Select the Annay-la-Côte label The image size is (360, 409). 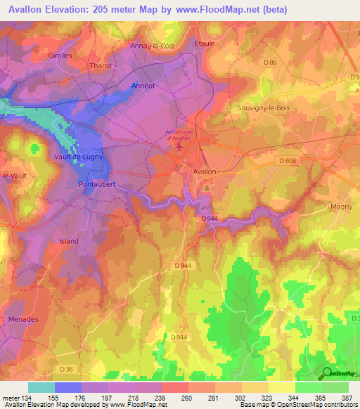(153, 46)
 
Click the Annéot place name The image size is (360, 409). (143, 86)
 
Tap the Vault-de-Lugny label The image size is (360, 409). (79, 157)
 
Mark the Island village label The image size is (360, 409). (69, 241)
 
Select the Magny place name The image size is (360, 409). (340, 207)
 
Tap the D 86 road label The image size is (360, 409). (271, 63)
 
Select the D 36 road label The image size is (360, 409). (66, 369)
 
